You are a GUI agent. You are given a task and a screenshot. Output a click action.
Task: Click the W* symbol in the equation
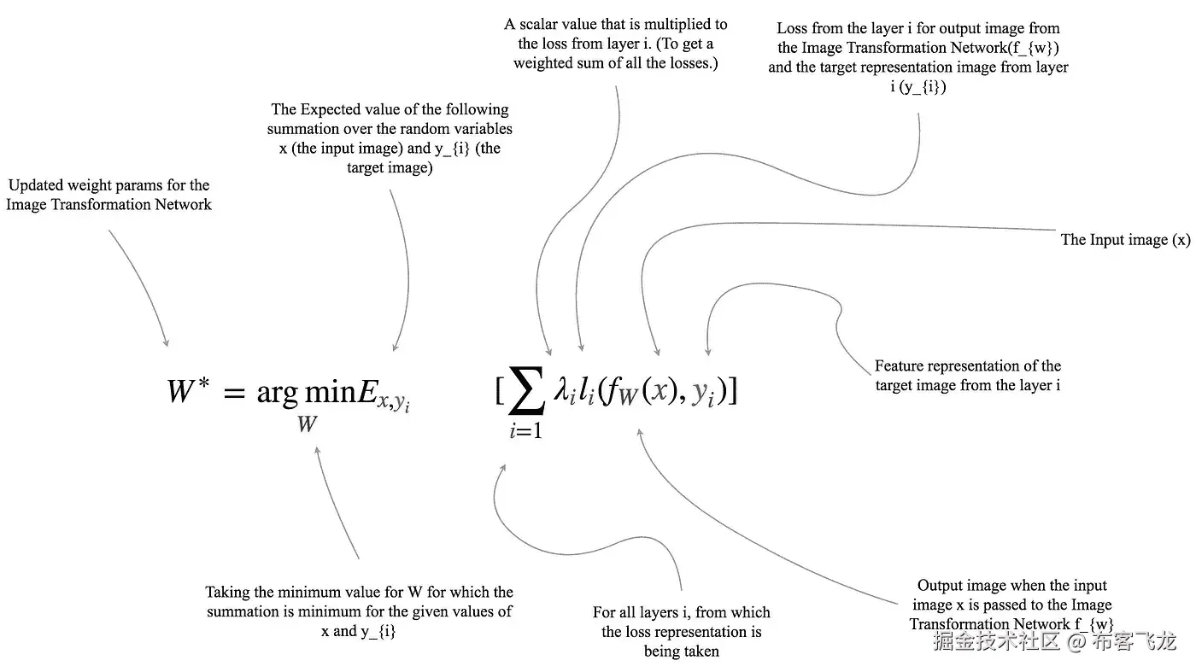pos(188,392)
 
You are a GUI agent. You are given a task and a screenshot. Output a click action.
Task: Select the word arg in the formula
pos(278,394)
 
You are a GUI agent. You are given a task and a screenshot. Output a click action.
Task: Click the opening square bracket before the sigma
pos(500,391)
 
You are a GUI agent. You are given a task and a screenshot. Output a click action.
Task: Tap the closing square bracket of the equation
pos(732,391)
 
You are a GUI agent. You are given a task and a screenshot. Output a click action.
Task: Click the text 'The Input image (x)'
pos(1125,240)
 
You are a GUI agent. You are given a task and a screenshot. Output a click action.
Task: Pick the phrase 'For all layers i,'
pos(645,612)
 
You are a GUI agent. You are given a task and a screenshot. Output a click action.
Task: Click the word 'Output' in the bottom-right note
pos(941,586)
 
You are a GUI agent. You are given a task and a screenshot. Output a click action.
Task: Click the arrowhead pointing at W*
pos(166,342)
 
